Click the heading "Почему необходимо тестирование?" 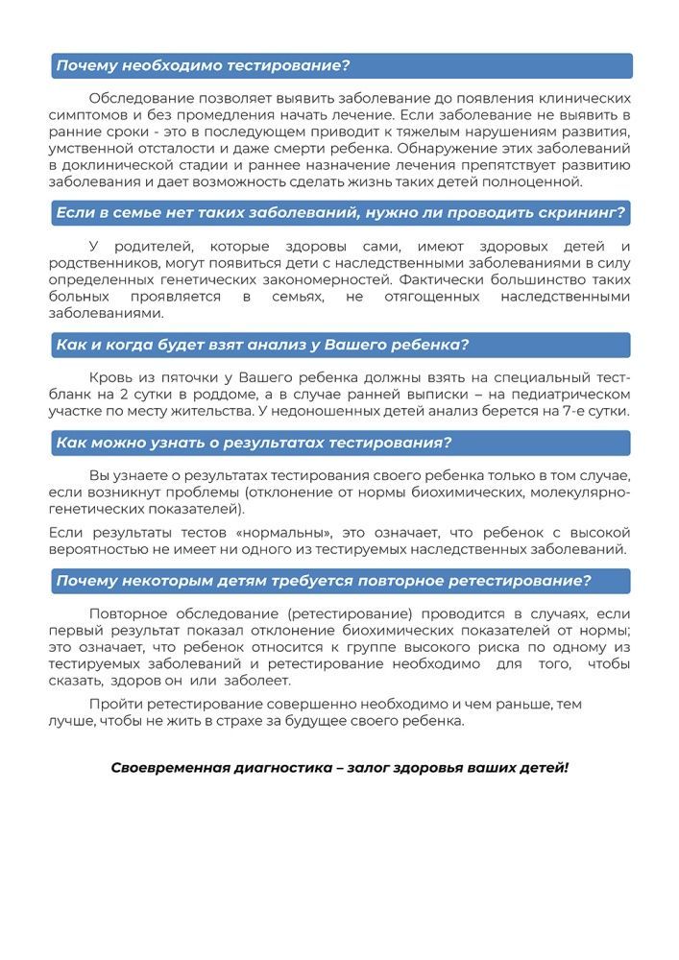[x=203, y=65]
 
